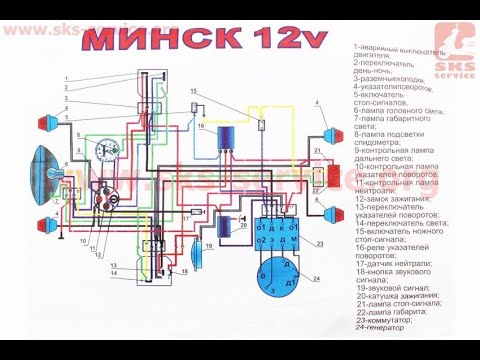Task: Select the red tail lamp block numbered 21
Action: tap(320, 176)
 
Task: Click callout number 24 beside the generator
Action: tap(317, 279)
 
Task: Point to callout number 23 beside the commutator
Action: tap(321, 243)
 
